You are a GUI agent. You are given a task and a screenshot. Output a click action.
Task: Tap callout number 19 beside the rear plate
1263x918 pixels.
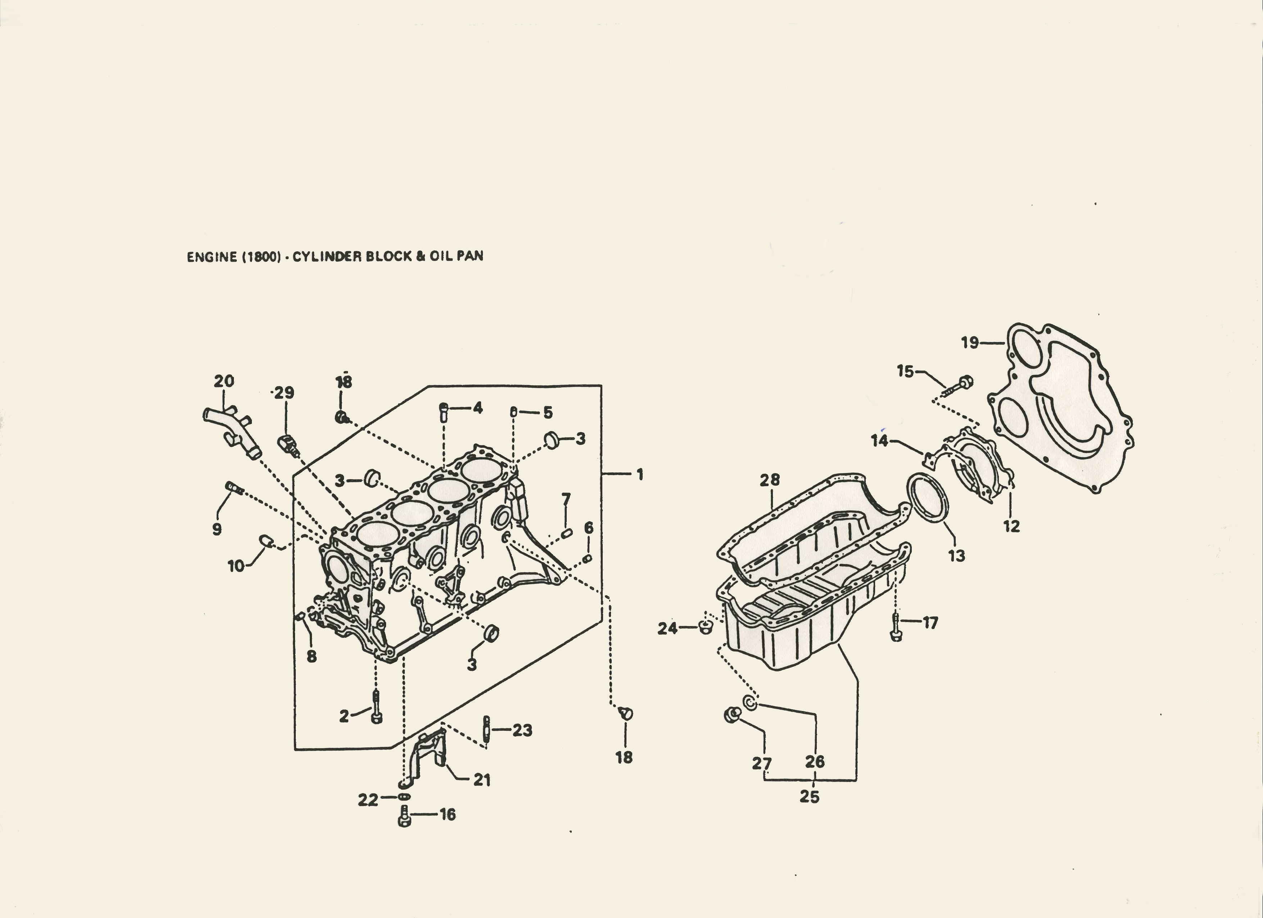(x=969, y=342)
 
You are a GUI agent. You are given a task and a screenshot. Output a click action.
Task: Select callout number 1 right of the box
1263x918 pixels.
(x=640, y=474)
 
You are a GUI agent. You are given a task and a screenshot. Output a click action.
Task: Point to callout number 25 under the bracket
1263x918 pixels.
(x=809, y=797)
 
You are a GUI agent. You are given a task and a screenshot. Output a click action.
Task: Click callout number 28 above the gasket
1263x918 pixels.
(x=770, y=480)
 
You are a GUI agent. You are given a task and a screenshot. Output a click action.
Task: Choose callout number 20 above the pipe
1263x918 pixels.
(x=224, y=381)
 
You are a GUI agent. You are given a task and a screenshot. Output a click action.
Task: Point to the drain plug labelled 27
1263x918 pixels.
(x=733, y=715)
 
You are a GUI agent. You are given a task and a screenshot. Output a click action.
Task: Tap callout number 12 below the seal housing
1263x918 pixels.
(x=1011, y=526)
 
